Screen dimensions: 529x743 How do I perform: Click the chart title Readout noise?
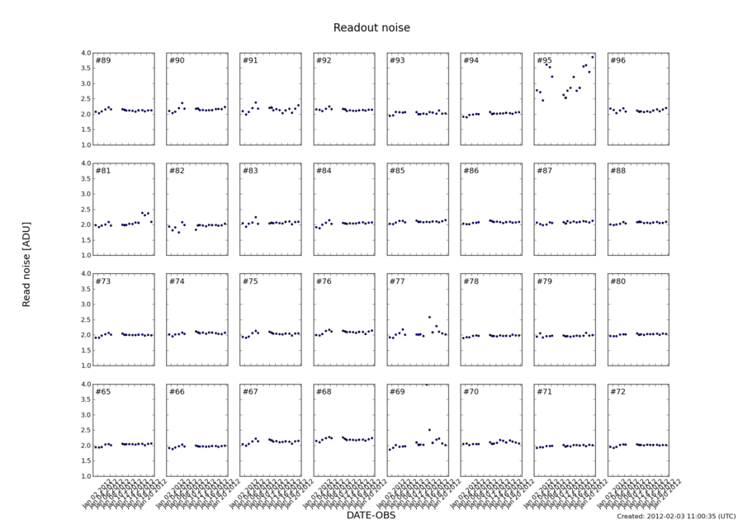[x=371, y=28]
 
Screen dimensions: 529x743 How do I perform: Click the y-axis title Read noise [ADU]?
[x=26, y=264]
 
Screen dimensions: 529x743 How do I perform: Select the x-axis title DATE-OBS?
[x=371, y=514]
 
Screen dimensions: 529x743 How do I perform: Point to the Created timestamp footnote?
[x=675, y=516]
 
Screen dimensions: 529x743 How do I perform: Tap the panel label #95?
[x=544, y=60]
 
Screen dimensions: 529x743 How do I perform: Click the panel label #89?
[x=103, y=60]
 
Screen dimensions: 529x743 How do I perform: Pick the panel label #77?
[x=397, y=281]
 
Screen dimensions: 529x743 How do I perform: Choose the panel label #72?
[x=618, y=391]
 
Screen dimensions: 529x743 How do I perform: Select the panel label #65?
[x=103, y=391]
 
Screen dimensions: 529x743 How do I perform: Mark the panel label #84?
[x=324, y=171]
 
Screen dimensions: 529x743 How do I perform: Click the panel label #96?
[x=618, y=60]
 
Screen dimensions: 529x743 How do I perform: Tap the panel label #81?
[x=103, y=171]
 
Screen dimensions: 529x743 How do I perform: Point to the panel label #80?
[x=618, y=281]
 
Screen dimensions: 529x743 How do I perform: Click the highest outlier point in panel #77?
[x=429, y=317]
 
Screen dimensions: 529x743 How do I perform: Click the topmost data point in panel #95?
[x=592, y=57]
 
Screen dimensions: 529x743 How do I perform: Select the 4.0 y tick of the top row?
[x=86, y=53]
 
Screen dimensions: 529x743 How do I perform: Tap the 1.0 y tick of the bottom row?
[x=86, y=476]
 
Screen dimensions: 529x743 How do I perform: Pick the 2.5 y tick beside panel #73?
[x=86, y=319]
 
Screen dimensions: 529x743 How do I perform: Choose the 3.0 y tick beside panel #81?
[x=86, y=194]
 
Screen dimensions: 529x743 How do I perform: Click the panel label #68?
[x=324, y=391]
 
